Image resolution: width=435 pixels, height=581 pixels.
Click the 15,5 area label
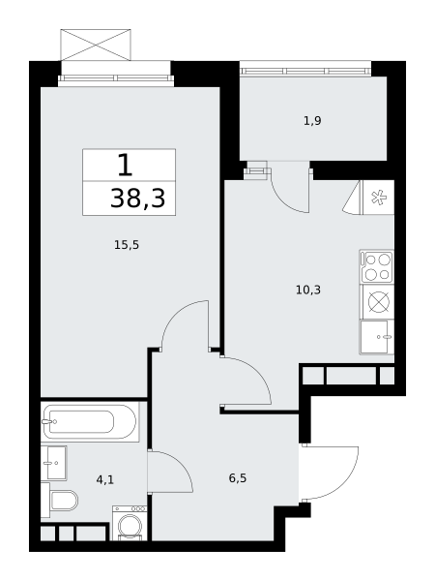[127, 245]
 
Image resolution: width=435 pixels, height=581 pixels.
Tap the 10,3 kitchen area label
[308, 290]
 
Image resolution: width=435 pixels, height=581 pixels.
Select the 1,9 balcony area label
[312, 121]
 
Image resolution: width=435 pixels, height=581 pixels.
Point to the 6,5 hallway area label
[238, 478]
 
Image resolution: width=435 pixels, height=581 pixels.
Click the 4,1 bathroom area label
[105, 480]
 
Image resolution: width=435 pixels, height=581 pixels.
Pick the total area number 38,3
[137, 199]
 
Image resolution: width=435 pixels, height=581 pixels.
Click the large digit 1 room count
[125, 166]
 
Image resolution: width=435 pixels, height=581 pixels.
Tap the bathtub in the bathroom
[90, 421]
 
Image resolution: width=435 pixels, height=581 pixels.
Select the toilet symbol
[59, 501]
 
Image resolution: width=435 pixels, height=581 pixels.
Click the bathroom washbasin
[53, 463]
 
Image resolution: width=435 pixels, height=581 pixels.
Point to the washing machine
[130, 523]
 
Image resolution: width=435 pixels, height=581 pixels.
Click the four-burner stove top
[377, 267]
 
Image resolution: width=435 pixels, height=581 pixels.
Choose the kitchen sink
[377, 337]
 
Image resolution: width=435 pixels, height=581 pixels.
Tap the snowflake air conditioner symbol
[379, 198]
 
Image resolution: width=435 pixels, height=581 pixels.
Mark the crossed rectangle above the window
[96, 45]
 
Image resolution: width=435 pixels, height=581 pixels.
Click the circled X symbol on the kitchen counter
[379, 301]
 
